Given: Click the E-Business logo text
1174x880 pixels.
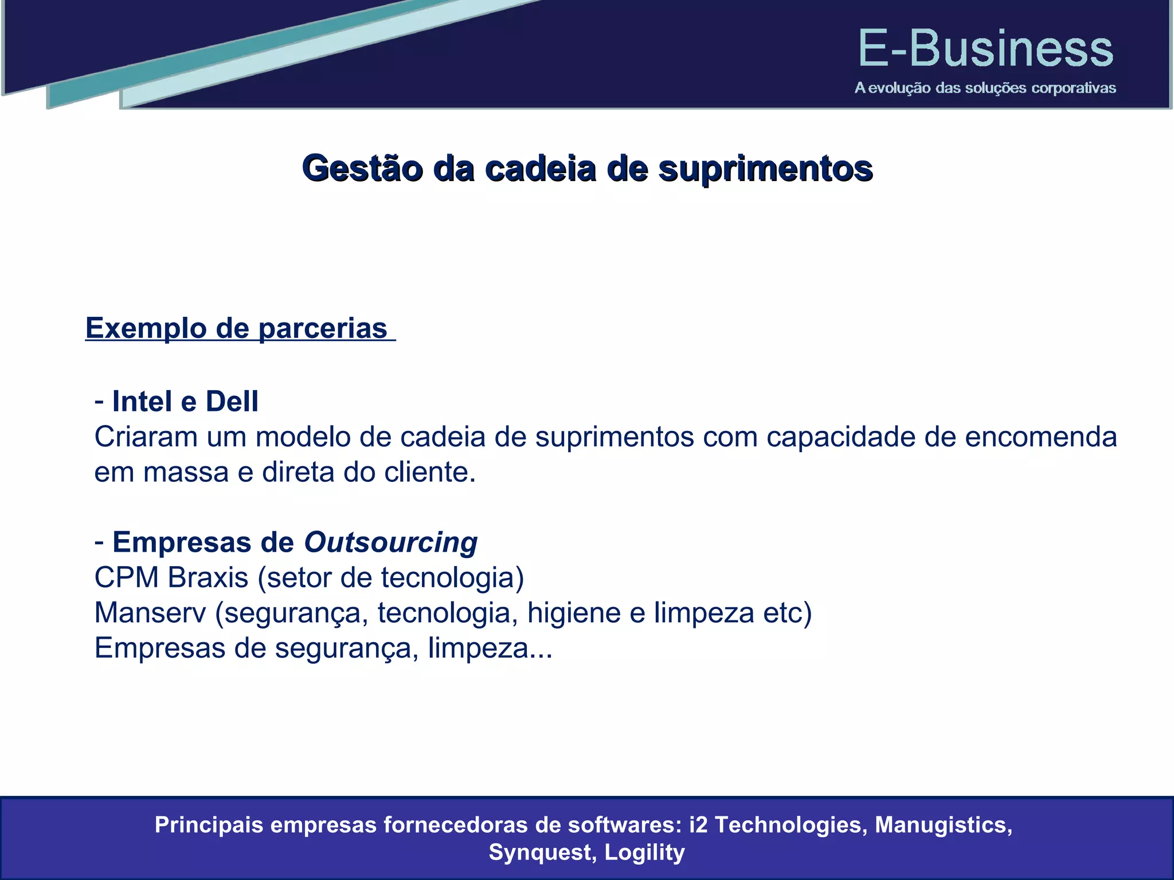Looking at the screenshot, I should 985,49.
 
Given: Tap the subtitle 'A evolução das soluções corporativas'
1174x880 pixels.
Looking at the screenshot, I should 985,88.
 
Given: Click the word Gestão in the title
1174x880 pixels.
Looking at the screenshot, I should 362,169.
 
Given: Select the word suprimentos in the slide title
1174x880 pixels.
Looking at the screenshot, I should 765,169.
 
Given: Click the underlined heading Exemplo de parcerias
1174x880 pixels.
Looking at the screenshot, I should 237,328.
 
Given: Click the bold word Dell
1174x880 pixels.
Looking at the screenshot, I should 232,401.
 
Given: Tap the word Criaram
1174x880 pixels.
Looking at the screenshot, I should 146,437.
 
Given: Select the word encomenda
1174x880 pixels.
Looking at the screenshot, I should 1040,437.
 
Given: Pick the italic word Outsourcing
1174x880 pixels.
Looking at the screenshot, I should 390,542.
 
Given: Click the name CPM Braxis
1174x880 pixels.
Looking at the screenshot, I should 171,577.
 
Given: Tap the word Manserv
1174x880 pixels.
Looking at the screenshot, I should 150,612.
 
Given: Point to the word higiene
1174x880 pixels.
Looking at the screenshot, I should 574,612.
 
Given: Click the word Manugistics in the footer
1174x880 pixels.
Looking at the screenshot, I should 943,825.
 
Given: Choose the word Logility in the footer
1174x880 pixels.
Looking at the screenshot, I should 644,852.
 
